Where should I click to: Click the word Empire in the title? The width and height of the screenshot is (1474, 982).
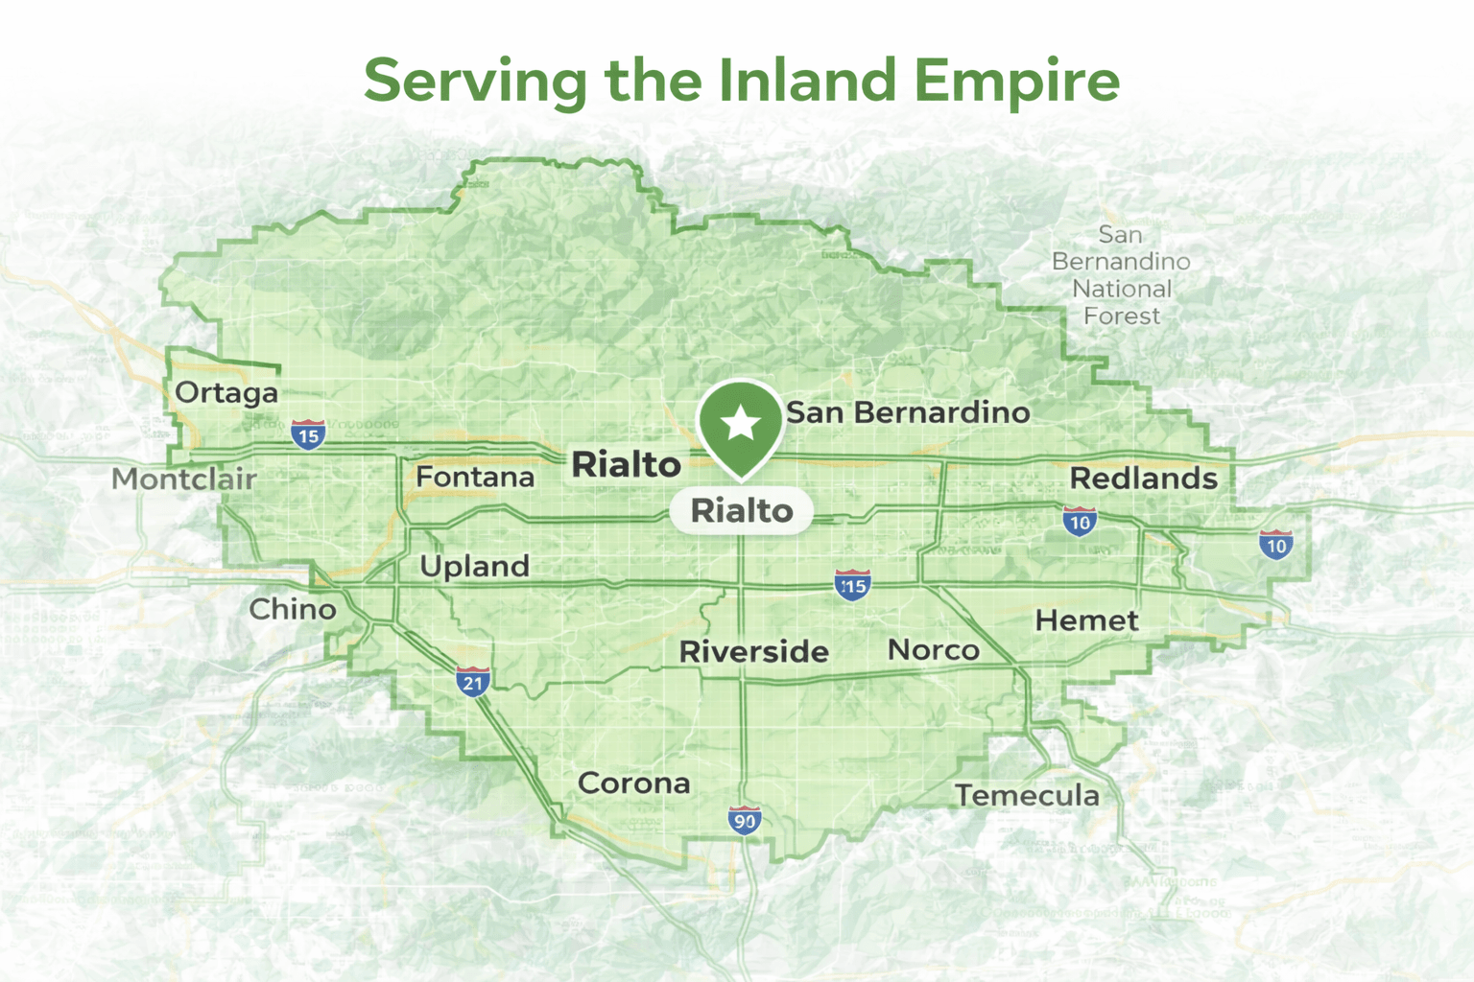1016,81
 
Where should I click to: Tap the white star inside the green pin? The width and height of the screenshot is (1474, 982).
741,423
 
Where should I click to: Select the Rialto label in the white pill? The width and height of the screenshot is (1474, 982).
742,511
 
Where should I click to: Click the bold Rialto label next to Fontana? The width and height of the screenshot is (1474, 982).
626,465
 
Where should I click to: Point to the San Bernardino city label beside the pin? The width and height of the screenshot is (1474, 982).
908,412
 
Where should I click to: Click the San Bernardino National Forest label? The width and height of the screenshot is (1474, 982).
1121,275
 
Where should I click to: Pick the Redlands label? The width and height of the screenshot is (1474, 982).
1143,478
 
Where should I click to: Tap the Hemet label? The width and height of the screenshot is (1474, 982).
1086,620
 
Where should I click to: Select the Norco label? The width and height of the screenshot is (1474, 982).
933,650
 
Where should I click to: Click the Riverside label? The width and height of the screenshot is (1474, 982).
753,652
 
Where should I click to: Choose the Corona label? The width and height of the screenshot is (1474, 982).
633,783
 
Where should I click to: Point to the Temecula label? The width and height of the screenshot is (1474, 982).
1027,795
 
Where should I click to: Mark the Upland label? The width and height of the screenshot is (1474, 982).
474,567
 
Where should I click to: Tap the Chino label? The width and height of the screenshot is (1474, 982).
293,609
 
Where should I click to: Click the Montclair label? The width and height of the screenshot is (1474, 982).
184,479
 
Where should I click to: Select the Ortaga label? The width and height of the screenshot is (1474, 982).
226,392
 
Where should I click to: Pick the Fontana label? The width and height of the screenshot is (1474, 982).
475,477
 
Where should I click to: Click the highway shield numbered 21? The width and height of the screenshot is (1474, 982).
472,682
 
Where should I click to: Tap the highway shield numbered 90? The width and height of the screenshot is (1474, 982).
745,820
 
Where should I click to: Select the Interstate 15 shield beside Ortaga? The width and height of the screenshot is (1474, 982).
308,434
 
